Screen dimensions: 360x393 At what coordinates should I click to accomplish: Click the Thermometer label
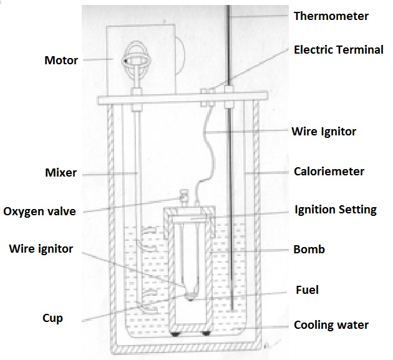point(331,16)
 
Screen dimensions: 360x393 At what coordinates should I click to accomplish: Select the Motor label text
point(61,61)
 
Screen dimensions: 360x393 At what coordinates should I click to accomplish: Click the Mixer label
point(62,172)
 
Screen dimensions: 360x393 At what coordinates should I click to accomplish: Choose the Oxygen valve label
point(39,212)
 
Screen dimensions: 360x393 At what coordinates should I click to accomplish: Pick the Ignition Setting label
point(335,210)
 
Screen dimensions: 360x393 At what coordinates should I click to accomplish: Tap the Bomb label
point(309,250)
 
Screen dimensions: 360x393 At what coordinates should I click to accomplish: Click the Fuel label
point(306,290)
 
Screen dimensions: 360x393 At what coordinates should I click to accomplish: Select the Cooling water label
point(331,325)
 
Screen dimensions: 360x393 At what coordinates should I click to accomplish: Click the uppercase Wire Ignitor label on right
point(324,132)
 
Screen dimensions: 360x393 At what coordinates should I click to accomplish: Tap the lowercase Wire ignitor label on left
point(41,249)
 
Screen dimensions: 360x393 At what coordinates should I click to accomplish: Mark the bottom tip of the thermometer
point(231,310)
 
